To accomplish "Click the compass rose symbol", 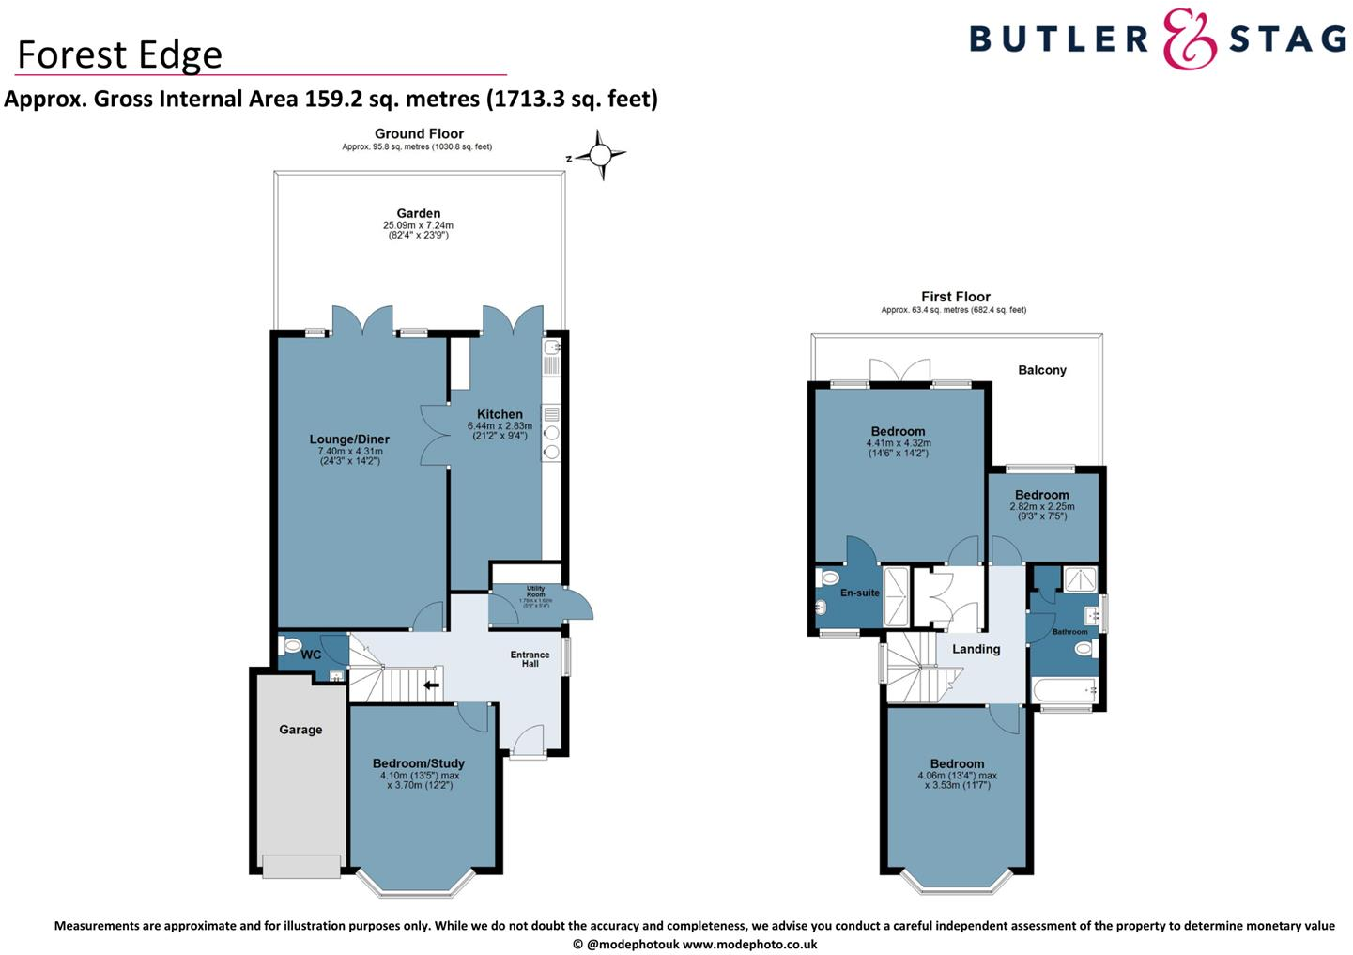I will [600, 155].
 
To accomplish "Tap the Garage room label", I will [300, 730].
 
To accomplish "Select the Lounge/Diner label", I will [349, 439].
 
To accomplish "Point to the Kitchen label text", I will [500, 414].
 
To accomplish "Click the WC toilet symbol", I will [292, 646].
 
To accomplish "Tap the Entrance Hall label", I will [530, 659].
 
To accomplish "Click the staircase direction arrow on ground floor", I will [431, 685].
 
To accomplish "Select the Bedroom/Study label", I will [419, 763].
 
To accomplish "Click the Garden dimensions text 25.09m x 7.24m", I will [418, 225].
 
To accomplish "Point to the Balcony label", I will [1042, 370].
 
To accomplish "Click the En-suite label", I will [860, 593].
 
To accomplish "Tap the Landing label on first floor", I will [976, 649].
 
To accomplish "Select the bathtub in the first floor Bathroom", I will [1065, 690].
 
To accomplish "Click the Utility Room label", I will [535, 592].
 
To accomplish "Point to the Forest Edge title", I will [120, 54].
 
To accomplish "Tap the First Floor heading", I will [956, 297].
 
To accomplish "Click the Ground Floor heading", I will [419, 134].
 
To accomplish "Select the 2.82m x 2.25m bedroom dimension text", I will [1042, 506].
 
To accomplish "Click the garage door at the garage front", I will [301, 866].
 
